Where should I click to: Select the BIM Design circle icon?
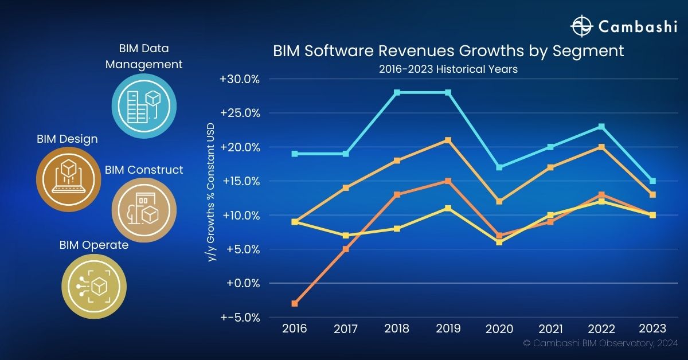(x=69, y=179)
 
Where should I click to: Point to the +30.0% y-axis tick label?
(x=240, y=79)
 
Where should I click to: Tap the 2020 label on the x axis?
(x=499, y=328)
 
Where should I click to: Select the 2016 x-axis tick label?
(x=295, y=328)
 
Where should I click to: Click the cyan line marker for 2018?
(x=397, y=92)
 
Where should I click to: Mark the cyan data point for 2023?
(x=652, y=181)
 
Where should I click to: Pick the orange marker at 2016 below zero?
(x=295, y=303)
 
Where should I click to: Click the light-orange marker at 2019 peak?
(x=448, y=140)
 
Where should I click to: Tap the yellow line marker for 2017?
(x=346, y=236)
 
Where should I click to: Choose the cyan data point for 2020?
(x=499, y=167)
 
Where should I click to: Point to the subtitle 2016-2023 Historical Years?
(x=448, y=69)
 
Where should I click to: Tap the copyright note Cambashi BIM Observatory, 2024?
(x=600, y=343)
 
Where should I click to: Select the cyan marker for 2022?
(x=601, y=127)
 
